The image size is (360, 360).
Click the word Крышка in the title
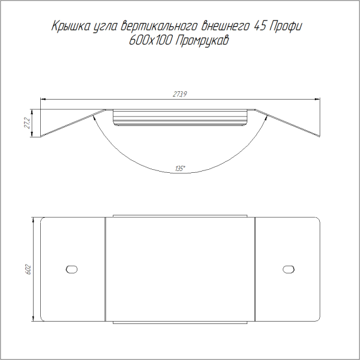pos(70,26)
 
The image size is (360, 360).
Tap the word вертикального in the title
pos(158,26)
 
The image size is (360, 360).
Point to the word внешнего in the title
pos(225,26)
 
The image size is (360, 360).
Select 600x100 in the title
pos(151,41)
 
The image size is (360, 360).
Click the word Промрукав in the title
pos(202,41)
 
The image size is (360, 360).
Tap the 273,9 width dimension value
pos(180,94)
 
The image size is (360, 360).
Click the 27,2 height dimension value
pos(27,123)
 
